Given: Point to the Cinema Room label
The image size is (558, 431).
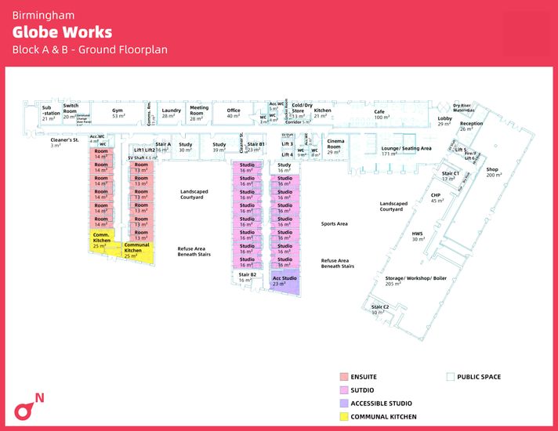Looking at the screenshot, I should (335, 144).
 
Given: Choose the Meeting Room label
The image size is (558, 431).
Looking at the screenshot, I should (199, 110).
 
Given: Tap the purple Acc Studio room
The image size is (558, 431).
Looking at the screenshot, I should (284, 281).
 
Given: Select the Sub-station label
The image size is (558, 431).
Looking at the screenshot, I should (49, 110).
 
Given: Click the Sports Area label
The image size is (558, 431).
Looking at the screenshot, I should (334, 223).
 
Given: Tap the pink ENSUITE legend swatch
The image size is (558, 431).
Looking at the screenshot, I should (343, 377).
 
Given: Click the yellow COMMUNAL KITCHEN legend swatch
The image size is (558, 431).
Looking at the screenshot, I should (343, 416).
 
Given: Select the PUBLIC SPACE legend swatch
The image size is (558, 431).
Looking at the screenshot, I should (450, 377).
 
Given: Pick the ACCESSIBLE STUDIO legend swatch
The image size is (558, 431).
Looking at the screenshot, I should (343, 403).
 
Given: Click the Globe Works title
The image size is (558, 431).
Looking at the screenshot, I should (62, 32).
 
